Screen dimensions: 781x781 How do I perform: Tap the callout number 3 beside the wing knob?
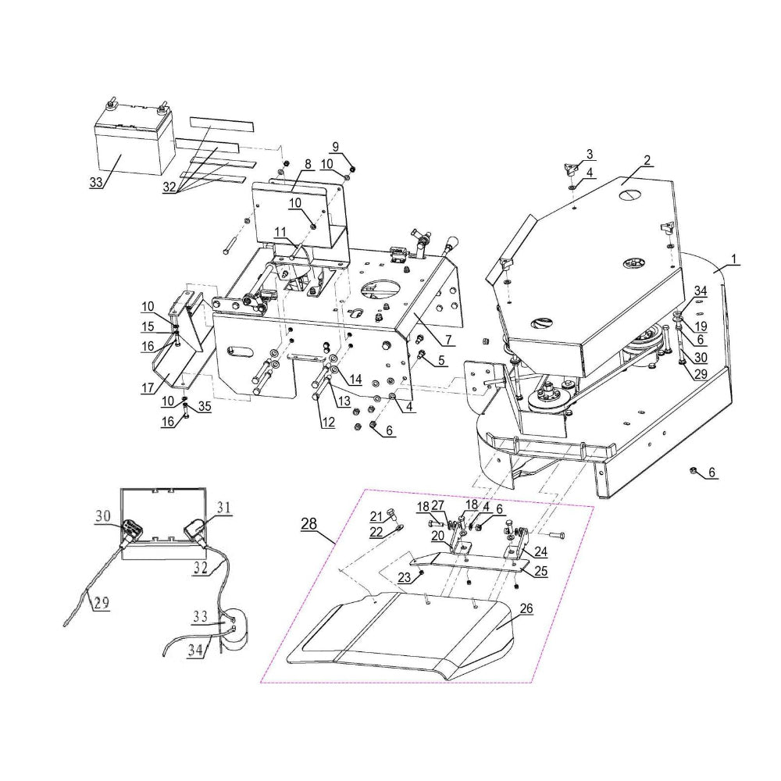pos(590,154)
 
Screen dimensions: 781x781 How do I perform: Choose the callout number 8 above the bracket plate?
pos(308,164)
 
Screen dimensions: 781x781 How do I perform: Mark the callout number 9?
pos(335,146)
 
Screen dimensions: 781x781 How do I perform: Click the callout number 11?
pos(279,232)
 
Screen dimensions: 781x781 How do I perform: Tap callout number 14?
pos(355,380)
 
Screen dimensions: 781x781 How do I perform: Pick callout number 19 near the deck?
pos(700,326)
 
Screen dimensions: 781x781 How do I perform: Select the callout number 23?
pos(403,577)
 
